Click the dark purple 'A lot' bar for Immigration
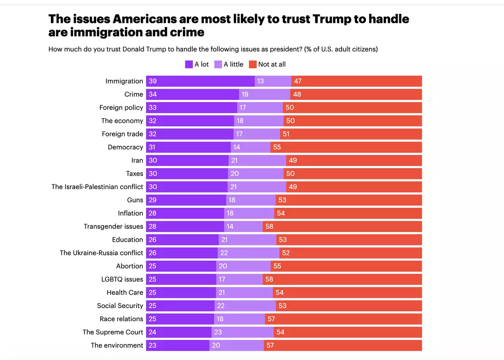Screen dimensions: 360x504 200,81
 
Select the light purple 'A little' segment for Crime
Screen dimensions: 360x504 265,94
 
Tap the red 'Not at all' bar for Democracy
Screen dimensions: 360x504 346,147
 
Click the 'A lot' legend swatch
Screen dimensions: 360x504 189,64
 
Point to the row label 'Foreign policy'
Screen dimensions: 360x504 121,107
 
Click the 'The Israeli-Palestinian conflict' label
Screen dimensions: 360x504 97,187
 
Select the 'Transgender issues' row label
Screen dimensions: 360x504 113,226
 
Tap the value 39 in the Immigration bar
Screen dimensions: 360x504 153,81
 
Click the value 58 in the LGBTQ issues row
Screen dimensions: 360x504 269,279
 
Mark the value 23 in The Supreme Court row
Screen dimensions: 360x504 218,332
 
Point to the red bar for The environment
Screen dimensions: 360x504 343,346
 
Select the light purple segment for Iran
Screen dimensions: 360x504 257,160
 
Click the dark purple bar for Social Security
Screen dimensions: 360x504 180,306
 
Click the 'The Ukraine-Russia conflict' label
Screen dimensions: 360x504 101,253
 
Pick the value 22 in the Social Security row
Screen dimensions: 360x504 221,306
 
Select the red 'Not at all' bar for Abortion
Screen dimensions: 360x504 346,266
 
